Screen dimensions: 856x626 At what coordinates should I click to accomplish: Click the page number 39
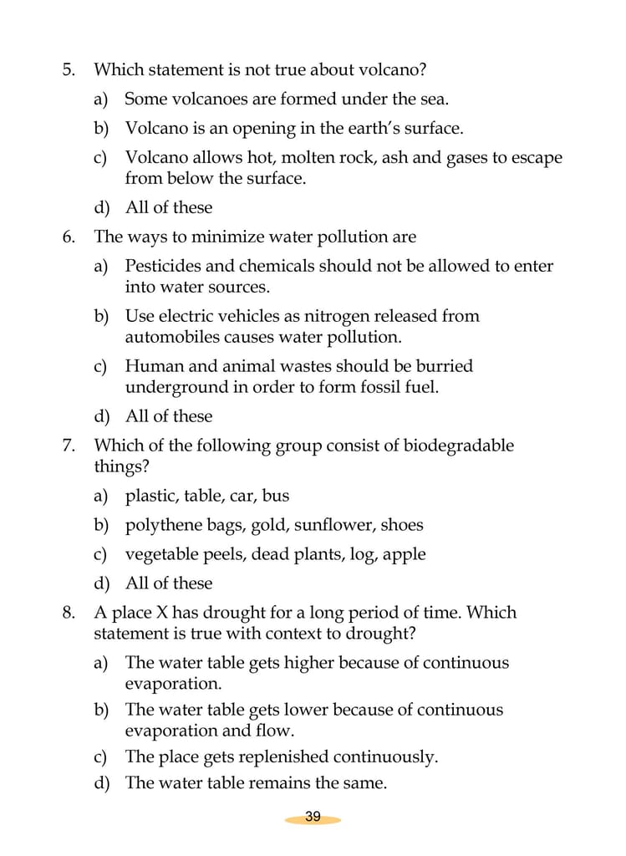point(313,817)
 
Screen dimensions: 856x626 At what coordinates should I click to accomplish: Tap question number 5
point(69,69)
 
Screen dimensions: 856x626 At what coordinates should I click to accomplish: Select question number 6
point(69,237)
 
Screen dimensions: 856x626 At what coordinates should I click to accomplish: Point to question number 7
point(69,446)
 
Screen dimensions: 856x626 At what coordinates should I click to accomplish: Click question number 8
point(69,613)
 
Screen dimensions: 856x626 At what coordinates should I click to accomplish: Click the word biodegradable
point(459,446)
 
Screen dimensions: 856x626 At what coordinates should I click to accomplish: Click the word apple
point(404,554)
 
